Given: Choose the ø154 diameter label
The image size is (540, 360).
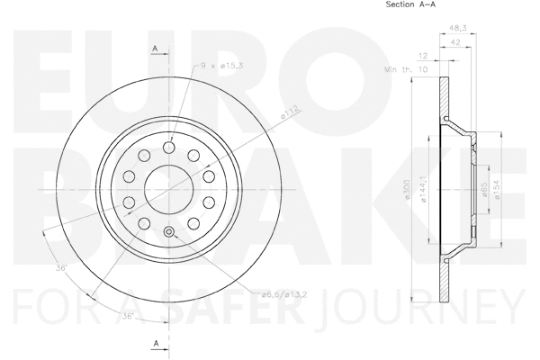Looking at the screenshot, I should point(498,189).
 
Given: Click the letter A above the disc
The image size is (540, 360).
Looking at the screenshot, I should point(156,48).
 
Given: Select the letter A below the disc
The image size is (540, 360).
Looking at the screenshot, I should point(156,343).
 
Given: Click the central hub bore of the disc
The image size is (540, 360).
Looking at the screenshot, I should point(168,184).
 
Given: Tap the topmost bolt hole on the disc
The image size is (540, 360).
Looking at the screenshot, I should point(168,148).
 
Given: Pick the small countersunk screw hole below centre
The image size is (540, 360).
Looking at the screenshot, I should point(168,234).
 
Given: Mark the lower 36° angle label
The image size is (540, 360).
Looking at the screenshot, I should point(128,316).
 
